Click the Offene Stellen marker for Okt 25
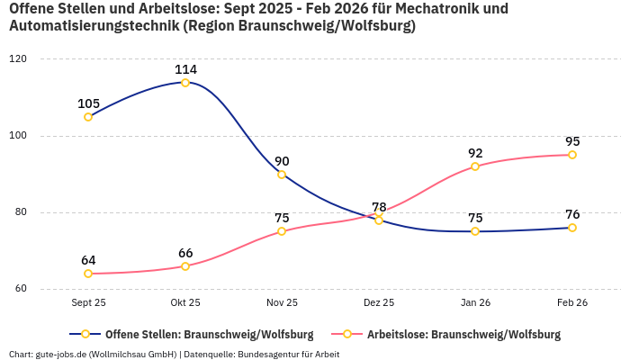tap(185, 83)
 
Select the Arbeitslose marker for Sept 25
tap(88, 274)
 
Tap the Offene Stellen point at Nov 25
tap(282, 175)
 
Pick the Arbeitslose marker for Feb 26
tap(572, 155)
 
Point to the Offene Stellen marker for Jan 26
tap(475, 231)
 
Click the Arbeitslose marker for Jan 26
tap(475, 166)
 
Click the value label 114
tap(185, 69)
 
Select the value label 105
tap(88, 103)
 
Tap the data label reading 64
tap(88, 260)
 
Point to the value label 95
tap(572, 141)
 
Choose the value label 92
tap(475, 153)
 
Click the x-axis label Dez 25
tap(379, 303)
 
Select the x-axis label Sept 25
tap(88, 303)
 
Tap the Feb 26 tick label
tap(572, 303)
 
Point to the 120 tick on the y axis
tap(18, 59)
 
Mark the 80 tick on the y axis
tap(21, 213)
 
